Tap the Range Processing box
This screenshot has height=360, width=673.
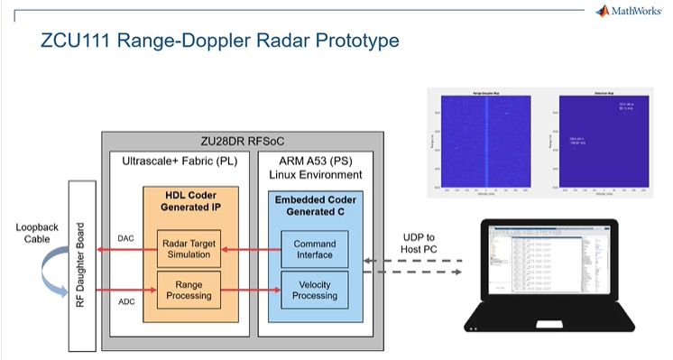[x=188, y=291]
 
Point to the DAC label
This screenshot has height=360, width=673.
[x=127, y=239]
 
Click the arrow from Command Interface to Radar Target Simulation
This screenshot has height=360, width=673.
[x=248, y=249]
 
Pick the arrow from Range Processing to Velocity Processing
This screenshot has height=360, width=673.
[x=248, y=291]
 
